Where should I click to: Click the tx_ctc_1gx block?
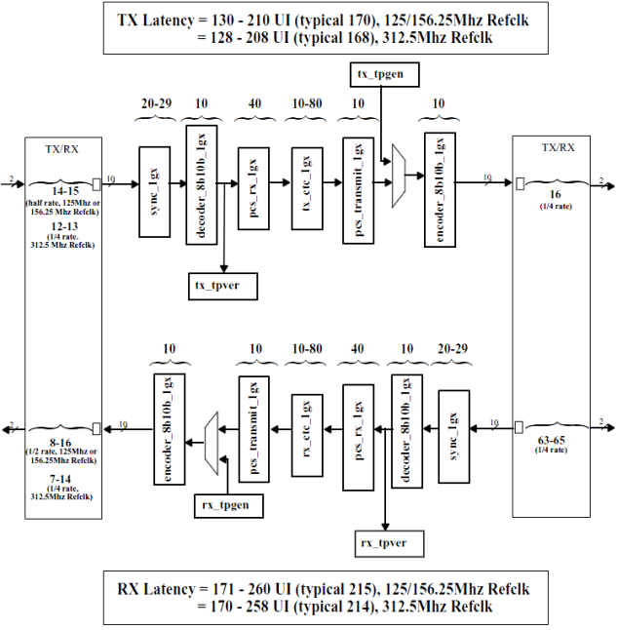coord(306,177)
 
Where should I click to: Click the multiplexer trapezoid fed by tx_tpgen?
coord(398,177)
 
